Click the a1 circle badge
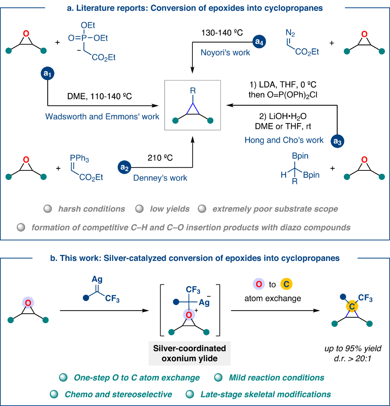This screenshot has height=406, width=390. coord(47,74)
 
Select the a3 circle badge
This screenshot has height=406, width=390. coord(337,142)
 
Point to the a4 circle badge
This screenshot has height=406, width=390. coord(259,42)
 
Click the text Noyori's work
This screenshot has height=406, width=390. coord(225,52)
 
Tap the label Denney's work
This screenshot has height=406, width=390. coord(160,178)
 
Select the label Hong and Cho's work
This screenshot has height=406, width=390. coord(284,140)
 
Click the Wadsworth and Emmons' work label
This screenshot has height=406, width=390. coord(102,116)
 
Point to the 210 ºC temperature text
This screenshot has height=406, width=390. coord(160,158)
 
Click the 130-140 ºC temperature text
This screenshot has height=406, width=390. coord(222,33)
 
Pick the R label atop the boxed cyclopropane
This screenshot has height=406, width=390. coord(193,91)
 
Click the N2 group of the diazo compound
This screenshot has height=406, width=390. coord(290,33)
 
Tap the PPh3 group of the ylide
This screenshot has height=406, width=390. coord(79,158)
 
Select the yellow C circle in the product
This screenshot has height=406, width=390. coord(352,306)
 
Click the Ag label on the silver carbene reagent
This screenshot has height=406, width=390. coord(97,279)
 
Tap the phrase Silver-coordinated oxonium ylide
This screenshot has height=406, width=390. coord(189,353)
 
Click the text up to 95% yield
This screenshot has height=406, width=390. coord(353,348)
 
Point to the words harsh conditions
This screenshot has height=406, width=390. coord(92,209)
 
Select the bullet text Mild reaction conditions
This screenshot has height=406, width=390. coord(277,378)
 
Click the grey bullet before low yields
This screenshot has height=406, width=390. coord(139,209)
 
